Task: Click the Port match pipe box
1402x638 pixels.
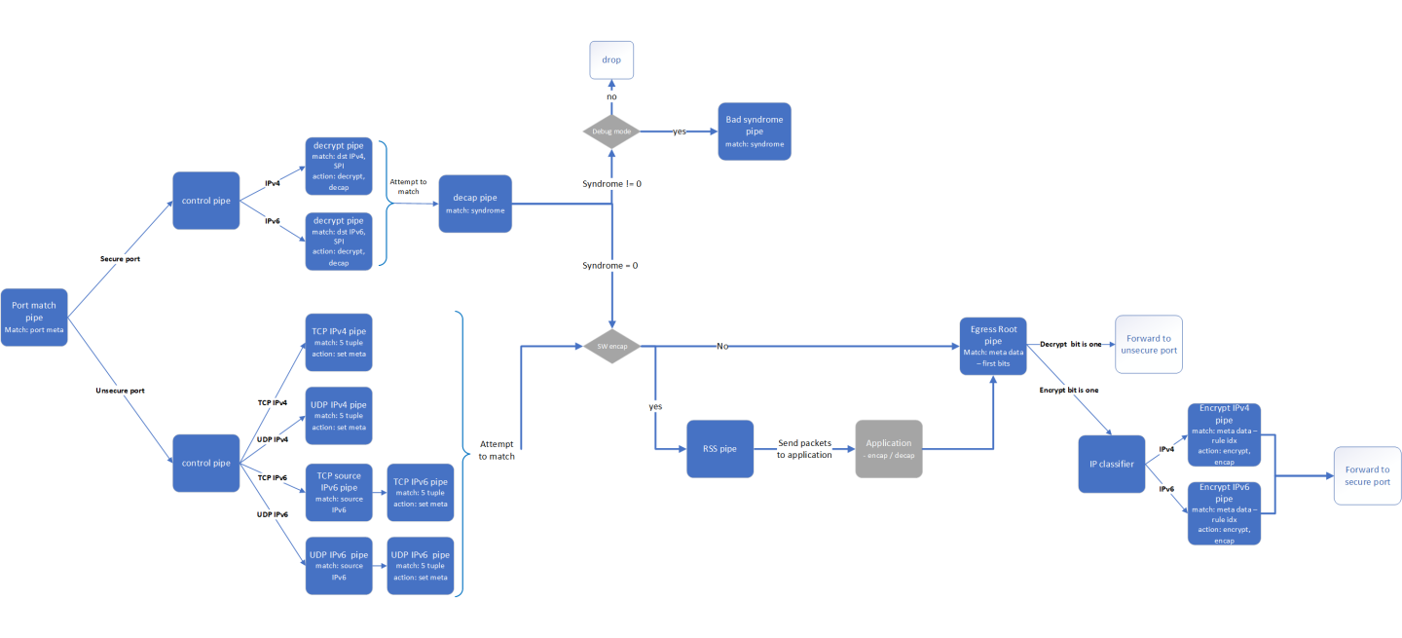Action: click(34, 317)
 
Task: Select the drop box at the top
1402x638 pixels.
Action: click(611, 60)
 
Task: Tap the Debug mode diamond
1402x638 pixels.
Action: click(611, 131)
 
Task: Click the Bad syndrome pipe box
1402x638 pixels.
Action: click(754, 131)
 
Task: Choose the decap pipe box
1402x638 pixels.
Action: click(475, 204)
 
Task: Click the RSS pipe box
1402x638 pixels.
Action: click(719, 449)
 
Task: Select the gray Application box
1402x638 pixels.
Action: click(888, 449)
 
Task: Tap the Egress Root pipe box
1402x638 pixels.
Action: click(993, 345)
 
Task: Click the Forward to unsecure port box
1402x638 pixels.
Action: click(1149, 344)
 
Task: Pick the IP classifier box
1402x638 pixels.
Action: click(1111, 464)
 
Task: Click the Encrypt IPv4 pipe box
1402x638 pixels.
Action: click(1224, 434)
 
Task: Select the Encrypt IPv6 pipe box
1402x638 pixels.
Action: click(1224, 512)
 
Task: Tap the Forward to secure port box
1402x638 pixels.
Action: click(1368, 475)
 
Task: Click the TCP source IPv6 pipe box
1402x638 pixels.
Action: click(339, 492)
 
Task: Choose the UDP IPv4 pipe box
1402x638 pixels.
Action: click(339, 416)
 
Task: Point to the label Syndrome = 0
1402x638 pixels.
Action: click(609, 265)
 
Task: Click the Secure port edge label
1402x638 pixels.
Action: click(121, 259)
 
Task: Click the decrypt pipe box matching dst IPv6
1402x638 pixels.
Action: click(339, 239)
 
